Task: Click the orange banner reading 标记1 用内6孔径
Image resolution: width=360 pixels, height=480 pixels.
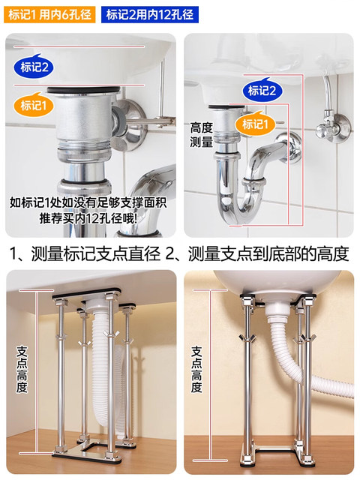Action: (49, 14)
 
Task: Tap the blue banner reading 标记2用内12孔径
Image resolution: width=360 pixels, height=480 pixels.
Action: (149, 14)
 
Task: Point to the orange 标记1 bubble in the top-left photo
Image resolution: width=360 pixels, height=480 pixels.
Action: (36, 106)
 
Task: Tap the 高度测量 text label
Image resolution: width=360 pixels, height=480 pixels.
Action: (202, 135)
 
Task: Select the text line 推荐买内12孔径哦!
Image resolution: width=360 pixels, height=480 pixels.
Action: (88, 219)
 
